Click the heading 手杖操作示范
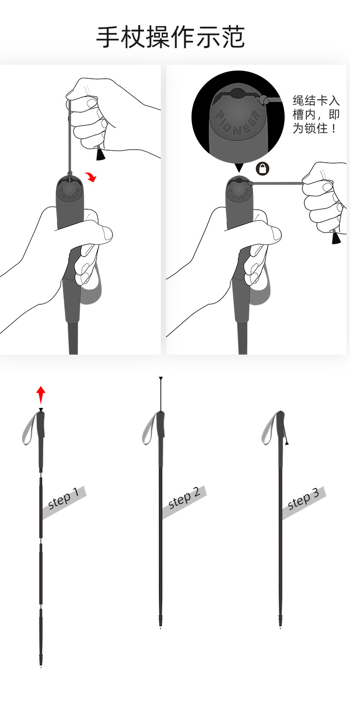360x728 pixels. pyautogui.click(x=170, y=38)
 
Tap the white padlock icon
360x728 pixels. pyautogui.click(x=263, y=168)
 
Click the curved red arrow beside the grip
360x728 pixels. pyautogui.click(x=91, y=177)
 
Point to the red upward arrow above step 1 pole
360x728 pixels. pyautogui.click(x=41, y=394)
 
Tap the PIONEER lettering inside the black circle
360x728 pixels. pyautogui.click(x=238, y=122)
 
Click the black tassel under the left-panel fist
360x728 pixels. pyautogui.click(x=101, y=154)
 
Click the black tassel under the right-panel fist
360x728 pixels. pyautogui.click(x=336, y=237)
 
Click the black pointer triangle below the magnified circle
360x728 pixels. pyautogui.click(x=239, y=167)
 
